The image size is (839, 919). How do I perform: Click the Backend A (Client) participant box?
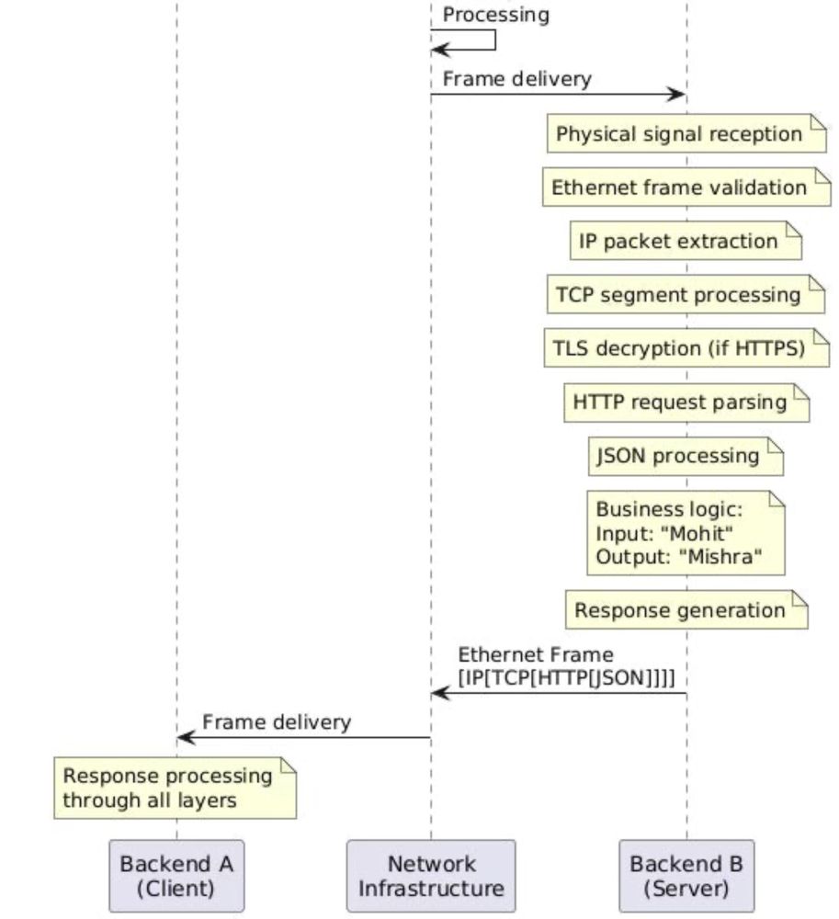tap(176, 875)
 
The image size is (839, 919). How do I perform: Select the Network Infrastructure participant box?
tap(431, 875)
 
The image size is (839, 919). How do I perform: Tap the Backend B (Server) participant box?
tap(686, 875)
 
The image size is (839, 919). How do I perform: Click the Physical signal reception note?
tap(686, 134)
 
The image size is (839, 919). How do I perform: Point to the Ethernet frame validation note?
tap(686, 187)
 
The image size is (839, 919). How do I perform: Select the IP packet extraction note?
tap(686, 241)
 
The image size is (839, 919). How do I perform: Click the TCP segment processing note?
tap(686, 295)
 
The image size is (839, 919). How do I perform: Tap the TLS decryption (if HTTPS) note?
tap(686, 348)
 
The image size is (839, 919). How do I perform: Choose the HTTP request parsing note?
tap(686, 403)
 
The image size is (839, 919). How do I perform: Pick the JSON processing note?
tap(686, 456)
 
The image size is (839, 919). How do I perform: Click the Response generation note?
tap(686, 610)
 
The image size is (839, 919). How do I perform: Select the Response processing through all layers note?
tap(175, 788)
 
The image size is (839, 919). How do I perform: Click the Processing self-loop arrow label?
tap(496, 15)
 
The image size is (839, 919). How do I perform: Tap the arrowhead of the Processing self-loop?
tap(438, 50)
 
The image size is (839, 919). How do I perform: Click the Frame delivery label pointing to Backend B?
tap(516, 79)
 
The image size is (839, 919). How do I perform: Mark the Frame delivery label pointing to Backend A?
tap(276, 722)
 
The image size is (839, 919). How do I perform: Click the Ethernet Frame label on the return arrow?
tap(535, 654)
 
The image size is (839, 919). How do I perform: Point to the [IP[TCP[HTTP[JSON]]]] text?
tap(565, 677)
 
